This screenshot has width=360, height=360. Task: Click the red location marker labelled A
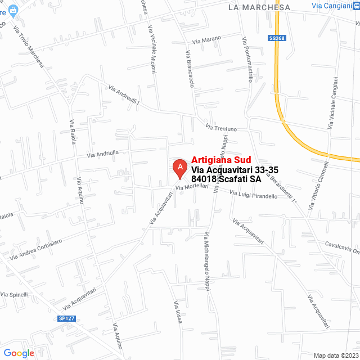click(179, 167)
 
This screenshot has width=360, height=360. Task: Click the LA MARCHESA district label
click(259, 7)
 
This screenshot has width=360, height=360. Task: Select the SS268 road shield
click(276, 38)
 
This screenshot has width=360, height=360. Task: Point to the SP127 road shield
click(66, 319)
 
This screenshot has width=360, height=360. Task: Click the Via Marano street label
click(206, 39)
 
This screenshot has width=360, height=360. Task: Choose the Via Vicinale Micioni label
click(152, 50)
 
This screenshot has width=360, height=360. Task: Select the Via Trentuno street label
click(221, 128)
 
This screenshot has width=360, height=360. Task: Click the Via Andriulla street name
click(102, 152)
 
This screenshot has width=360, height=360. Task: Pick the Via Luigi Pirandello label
click(253, 195)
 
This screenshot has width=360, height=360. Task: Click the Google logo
click(19, 353)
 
